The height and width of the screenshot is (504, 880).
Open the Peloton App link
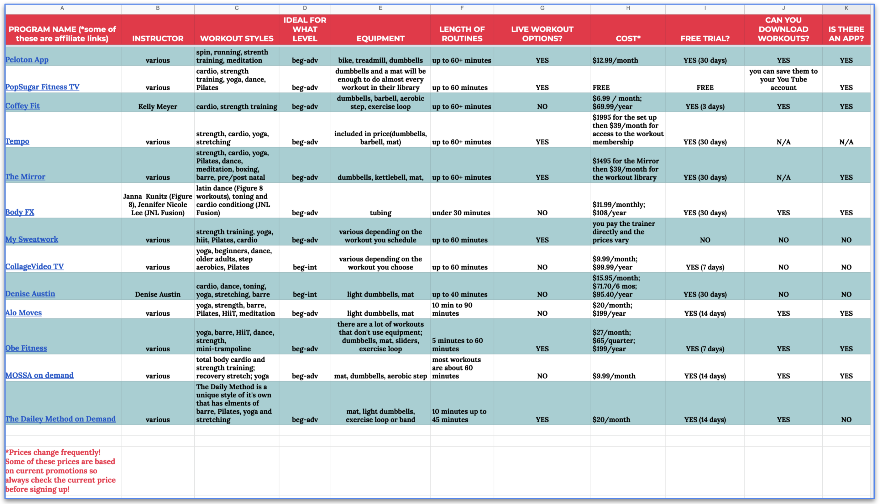pyautogui.click(x=27, y=60)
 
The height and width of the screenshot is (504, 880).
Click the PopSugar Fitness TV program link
pyautogui.click(x=42, y=87)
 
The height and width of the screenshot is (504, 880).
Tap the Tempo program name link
pyautogui.click(x=17, y=141)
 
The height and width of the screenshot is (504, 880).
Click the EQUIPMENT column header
pyautogui.click(x=380, y=39)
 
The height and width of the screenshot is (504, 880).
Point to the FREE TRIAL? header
pyautogui.click(x=705, y=39)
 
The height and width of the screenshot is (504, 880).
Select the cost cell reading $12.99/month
pyautogui.click(x=615, y=60)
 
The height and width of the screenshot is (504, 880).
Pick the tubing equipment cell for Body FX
pyautogui.click(x=380, y=213)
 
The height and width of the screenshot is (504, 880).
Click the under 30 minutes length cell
pyautogui.click(x=461, y=213)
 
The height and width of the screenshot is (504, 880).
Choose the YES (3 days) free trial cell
pyautogui.click(x=705, y=107)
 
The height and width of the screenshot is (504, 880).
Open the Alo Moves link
pyautogui.click(x=24, y=312)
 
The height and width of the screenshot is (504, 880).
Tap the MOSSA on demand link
pyautogui.click(x=39, y=375)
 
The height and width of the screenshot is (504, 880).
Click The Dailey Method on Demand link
pyautogui.click(x=60, y=419)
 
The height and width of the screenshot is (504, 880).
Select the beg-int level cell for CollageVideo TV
pyautogui.click(x=305, y=267)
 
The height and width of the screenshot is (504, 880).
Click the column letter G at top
pyautogui.click(x=542, y=8)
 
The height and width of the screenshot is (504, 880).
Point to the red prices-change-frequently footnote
pyautogui.click(x=60, y=470)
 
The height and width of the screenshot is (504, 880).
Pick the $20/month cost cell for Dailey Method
pyautogui.click(x=611, y=420)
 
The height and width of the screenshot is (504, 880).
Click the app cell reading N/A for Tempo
pyautogui.click(x=846, y=142)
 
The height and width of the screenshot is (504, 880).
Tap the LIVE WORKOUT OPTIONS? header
pyautogui.click(x=542, y=34)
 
